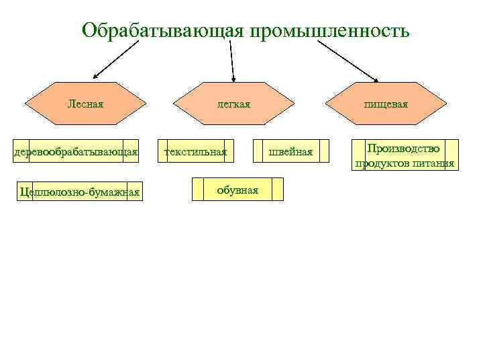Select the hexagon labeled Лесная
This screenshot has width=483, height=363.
coord(85,104)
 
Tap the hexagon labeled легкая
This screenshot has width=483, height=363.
coord(233,104)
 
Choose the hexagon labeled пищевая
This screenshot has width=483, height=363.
coord(386,104)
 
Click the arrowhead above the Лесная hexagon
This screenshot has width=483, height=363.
coord(96,75)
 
